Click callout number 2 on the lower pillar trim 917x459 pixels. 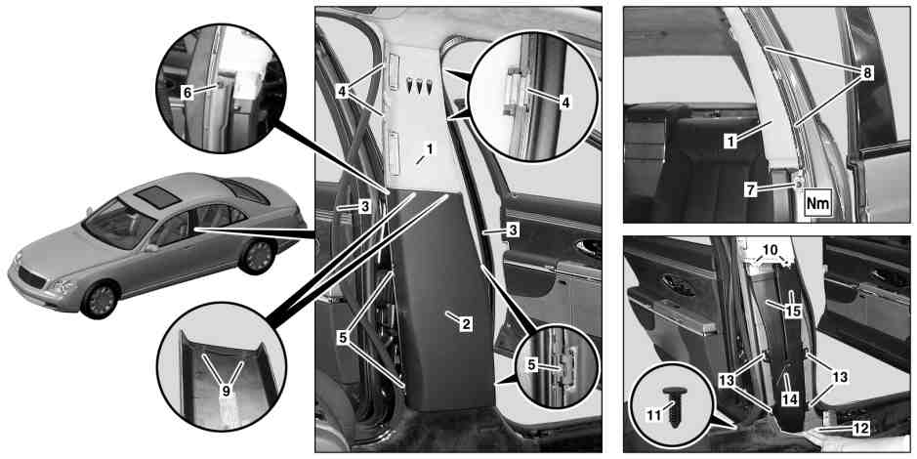pos(465,323)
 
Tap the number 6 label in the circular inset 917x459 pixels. pos(187,93)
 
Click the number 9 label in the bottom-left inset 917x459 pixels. pos(226,392)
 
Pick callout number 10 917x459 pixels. pos(771,250)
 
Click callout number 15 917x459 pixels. pos(792,311)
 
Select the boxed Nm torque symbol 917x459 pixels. pos(818,205)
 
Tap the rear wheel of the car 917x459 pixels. pos(258,256)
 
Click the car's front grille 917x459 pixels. pos(33,276)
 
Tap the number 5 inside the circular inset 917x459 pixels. pos(531,364)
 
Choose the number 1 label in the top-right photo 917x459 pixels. pos(731,140)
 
